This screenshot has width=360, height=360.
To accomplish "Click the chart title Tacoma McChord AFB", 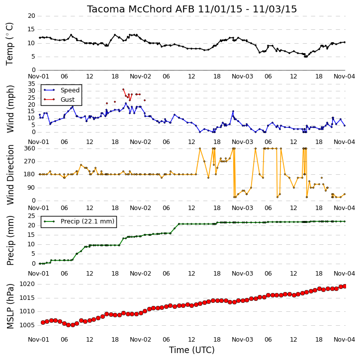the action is (140, 9).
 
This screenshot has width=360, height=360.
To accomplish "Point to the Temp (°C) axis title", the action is (9, 44).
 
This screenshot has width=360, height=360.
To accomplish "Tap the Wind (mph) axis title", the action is (10, 109).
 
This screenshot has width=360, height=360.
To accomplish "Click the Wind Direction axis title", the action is (10, 175).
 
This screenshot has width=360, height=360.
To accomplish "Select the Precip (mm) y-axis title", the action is (10, 240).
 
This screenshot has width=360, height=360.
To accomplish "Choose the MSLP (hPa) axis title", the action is (10, 306).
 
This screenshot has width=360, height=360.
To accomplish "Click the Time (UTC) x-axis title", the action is (192, 350).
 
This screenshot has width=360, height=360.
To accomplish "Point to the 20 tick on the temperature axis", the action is (31, 16).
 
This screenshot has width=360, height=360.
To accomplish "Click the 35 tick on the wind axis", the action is (31, 84).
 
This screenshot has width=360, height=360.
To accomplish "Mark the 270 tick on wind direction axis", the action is (30, 161).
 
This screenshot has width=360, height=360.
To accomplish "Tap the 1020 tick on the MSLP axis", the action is (27, 284).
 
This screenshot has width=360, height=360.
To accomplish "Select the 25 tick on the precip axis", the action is (31, 216).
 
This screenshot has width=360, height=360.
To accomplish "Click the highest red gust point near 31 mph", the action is (123, 89).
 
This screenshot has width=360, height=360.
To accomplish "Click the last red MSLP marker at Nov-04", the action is (345, 286).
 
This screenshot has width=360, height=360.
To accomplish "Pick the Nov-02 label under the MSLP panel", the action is (140, 340).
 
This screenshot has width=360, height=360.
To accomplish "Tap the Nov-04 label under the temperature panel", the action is (344, 76).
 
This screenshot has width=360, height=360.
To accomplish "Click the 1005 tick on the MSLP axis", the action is (27, 325).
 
